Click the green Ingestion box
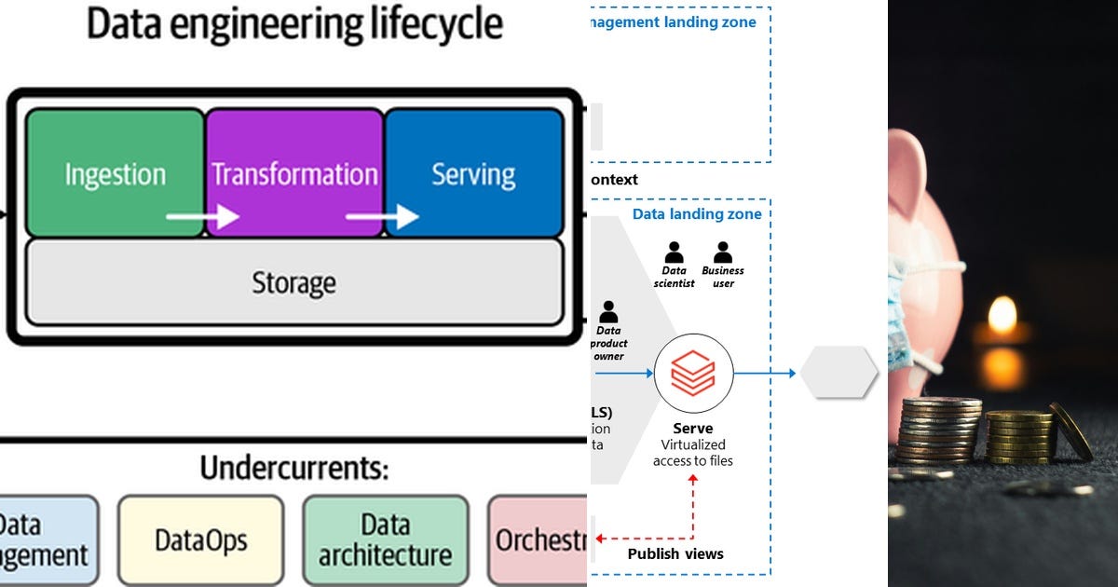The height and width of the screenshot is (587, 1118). click(x=115, y=172)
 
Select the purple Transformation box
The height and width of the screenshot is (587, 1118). click(x=294, y=172)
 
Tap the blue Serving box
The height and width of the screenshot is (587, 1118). click(x=473, y=172)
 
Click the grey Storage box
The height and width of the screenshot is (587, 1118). click(x=293, y=282)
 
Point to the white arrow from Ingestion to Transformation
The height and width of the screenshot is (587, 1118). click(x=201, y=217)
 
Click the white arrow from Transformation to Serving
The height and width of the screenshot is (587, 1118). click(x=381, y=217)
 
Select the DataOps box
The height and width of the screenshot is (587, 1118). click(x=200, y=539)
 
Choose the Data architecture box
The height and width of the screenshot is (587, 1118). click(x=385, y=539)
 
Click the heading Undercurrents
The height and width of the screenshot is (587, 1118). click(x=293, y=468)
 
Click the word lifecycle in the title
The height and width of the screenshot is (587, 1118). click(x=420, y=25)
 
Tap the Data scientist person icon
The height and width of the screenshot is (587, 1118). click(x=674, y=253)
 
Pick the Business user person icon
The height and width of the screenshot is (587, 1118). click(x=723, y=253)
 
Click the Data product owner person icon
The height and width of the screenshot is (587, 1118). click(x=608, y=312)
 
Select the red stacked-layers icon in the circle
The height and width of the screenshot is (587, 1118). click(x=693, y=373)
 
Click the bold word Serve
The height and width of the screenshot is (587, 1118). click(x=692, y=429)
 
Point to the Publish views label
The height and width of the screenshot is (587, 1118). click(x=675, y=553)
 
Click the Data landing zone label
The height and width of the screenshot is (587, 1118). click(x=697, y=214)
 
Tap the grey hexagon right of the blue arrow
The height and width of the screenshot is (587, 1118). click(x=838, y=373)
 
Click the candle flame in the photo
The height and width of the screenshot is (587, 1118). click(x=1002, y=316)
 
